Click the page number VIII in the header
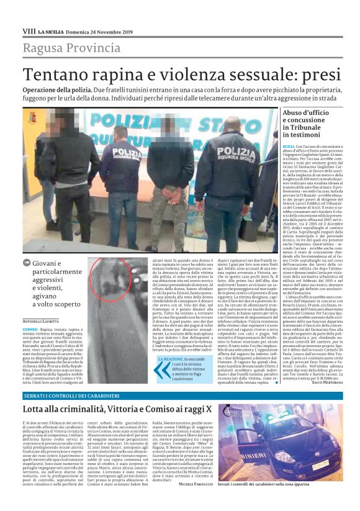(29, 30)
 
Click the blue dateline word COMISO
(31, 328)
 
